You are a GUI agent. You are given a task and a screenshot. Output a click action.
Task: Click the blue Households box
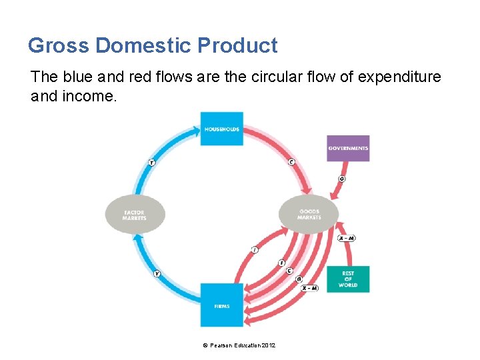(221, 129)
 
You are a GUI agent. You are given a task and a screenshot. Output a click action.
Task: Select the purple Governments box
(347, 148)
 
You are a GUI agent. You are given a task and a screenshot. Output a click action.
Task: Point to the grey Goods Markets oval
(309, 214)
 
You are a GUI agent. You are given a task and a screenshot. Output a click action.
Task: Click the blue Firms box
(221, 305)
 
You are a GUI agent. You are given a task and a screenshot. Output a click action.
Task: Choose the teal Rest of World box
(347, 279)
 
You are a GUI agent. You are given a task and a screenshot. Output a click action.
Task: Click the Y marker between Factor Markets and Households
(152, 162)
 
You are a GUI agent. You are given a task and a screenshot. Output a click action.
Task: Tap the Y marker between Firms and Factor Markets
(157, 273)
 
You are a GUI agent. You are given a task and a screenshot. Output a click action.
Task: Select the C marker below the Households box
(291, 162)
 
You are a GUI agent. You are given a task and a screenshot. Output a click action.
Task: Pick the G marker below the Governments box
(342, 179)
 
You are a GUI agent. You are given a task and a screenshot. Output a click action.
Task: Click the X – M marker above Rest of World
(346, 238)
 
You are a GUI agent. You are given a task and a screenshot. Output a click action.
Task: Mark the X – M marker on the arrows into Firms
(309, 288)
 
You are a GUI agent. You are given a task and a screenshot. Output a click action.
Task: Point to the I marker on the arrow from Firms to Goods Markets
(254, 249)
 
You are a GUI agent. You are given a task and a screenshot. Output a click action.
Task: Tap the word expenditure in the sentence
(399, 77)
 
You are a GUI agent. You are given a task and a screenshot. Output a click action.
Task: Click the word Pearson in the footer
(221, 345)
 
